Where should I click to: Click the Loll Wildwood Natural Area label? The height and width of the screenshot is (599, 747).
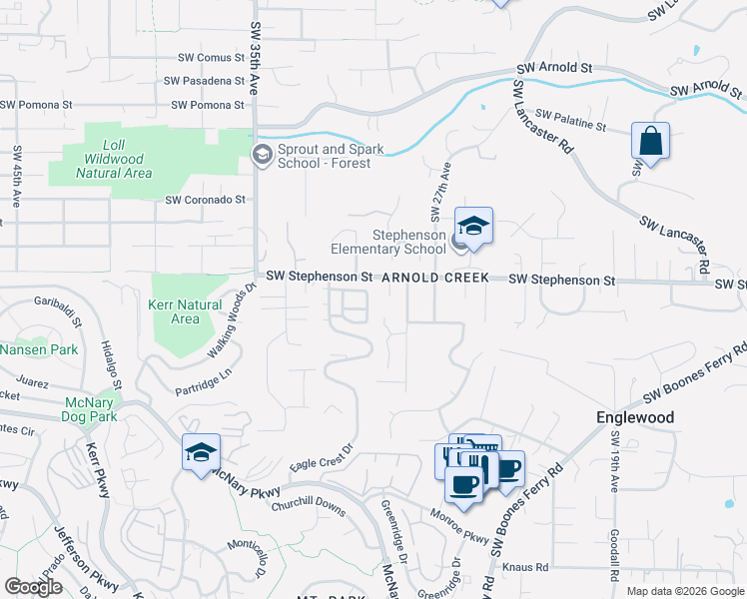(114, 159)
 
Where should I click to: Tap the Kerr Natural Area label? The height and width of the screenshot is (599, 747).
(185, 311)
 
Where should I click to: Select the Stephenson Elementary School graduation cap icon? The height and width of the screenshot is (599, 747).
(474, 225)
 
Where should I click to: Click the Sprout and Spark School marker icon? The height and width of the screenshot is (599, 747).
(262, 154)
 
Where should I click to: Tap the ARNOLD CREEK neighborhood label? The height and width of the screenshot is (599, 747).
(436, 278)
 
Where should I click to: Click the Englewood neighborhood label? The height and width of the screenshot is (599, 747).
(634, 417)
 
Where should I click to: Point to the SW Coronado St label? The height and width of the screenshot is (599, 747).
(205, 200)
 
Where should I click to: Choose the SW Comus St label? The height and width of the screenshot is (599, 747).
(211, 59)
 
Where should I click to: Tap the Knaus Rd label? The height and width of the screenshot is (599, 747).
(526, 567)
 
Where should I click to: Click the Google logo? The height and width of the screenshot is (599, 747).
(33, 587)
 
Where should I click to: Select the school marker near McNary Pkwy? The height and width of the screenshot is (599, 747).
(201, 453)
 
